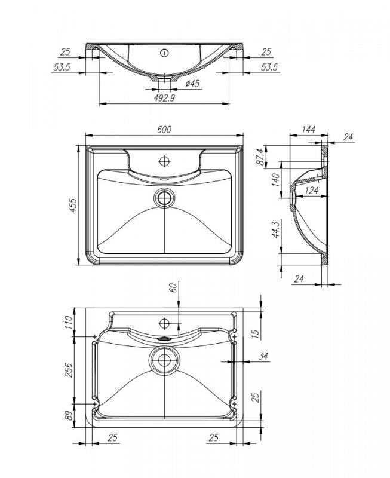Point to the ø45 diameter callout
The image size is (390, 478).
[x=192, y=84]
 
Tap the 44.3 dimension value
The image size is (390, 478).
[x=275, y=230]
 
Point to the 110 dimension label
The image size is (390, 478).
[x=68, y=323]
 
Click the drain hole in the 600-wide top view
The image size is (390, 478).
[x=164, y=197]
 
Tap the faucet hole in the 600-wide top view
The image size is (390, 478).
[x=164, y=161]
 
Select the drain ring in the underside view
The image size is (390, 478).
[x=163, y=360]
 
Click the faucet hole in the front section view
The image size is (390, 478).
[x=164, y=53]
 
